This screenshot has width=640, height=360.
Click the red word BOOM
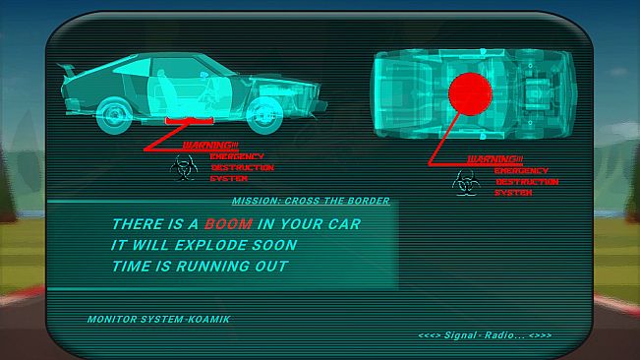click(x=228, y=224)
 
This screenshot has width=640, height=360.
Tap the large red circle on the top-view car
click(x=470, y=94)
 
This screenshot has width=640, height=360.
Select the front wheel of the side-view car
click(x=264, y=116)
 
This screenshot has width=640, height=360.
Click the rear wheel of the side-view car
click(x=114, y=115)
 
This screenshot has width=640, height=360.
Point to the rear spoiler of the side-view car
click(x=67, y=70)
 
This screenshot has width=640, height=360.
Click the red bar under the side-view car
click(x=189, y=120)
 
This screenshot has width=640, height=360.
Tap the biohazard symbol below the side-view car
click(x=184, y=168)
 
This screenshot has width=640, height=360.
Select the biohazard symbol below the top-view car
click(x=466, y=182)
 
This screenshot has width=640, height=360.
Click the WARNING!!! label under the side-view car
click(x=210, y=146)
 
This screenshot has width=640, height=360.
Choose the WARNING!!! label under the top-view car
click(x=495, y=159)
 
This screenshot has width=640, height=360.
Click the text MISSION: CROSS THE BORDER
click(x=311, y=201)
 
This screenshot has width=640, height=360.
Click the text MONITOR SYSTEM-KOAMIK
click(x=159, y=320)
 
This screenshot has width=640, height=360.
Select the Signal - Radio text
click(x=485, y=335)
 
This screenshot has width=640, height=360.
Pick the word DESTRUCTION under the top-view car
click(x=527, y=182)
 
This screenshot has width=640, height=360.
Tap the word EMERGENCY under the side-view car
click(x=237, y=156)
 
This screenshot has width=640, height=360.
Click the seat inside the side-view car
click(x=164, y=92)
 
